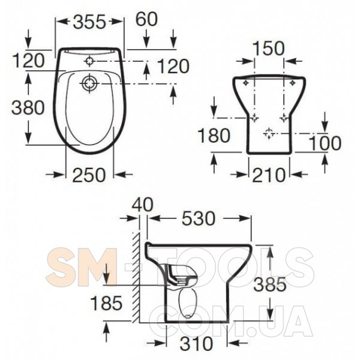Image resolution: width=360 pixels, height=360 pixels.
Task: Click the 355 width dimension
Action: [89, 22]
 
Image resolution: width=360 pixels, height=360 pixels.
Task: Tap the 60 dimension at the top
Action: [147, 19]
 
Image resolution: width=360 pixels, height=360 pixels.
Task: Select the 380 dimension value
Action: [28, 107]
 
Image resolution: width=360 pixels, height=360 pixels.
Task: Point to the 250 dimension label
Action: [89, 175]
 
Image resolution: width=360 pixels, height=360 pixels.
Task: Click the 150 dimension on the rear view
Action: [268, 49]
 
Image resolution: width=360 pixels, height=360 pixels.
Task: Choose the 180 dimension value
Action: [214, 135]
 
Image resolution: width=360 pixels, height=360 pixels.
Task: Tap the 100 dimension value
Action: [325, 143]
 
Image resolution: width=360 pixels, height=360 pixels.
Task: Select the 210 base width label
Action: [268, 175]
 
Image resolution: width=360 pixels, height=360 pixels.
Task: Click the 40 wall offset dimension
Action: [142, 205]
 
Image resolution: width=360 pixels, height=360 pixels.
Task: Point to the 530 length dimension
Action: [199, 218]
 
